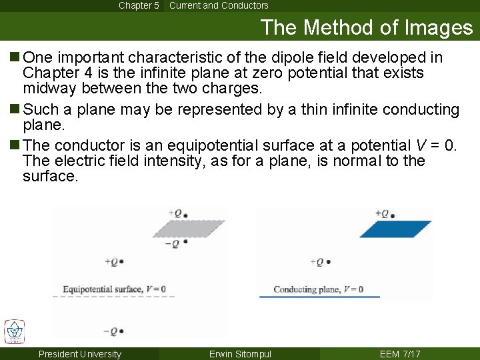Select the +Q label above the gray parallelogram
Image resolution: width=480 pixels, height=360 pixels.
tap(177, 214)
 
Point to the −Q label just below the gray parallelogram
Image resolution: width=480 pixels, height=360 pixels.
tap(175, 243)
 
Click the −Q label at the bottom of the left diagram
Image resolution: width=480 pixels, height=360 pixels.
tap(113, 331)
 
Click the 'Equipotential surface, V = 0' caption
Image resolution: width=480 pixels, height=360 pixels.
tap(114, 289)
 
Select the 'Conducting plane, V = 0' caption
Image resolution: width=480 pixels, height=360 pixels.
tap(318, 289)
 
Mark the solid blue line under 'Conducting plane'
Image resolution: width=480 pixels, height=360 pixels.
tap(319, 297)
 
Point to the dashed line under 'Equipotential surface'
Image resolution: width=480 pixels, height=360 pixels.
tap(114, 297)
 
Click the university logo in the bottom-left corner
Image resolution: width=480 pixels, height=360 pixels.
tap(14, 331)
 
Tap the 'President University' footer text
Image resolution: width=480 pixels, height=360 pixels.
tap(80, 354)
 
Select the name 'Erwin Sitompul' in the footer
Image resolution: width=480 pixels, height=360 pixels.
tap(240, 354)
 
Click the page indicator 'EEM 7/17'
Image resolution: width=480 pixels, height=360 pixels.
tap(400, 354)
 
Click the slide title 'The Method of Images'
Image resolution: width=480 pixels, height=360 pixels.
tap(366, 27)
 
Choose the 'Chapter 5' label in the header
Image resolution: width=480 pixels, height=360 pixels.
tap(139, 5)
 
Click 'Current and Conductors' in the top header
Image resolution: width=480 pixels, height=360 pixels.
tap(219, 5)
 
